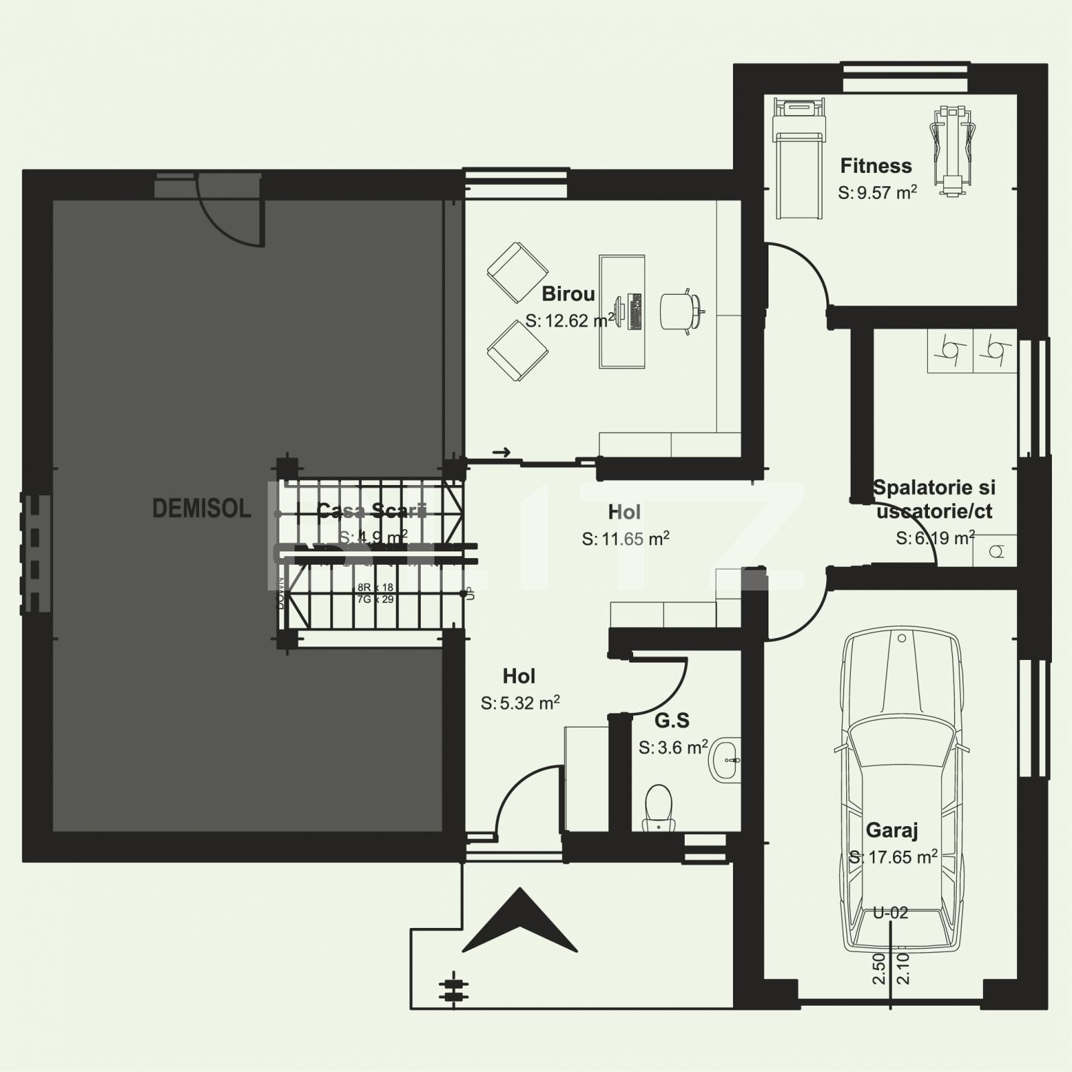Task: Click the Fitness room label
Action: (876, 165)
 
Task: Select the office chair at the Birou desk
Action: (680, 311)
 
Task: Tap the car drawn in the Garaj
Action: (902, 791)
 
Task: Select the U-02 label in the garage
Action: (890, 913)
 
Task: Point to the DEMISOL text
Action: (201, 509)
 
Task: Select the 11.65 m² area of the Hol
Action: (625, 539)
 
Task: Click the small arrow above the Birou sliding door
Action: (501, 452)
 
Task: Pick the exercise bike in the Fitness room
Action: (952, 151)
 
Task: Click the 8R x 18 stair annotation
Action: (375, 588)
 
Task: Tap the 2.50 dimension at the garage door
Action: (879, 969)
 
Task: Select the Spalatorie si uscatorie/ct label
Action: (934, 499)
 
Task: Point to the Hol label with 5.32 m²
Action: (519, 676)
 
